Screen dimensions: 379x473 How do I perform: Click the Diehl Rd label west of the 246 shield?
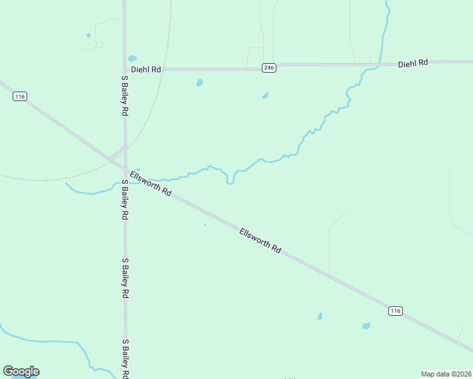pyautogui.click(x=146, y=69)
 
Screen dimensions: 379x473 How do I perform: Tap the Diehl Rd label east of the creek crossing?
pyautogui.click(x=414, y=63)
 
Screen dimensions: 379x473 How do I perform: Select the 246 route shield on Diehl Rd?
pyautogui.click(x=269, y=68)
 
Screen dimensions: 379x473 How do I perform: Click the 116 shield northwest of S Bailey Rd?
pyautogui.click(x=20, y=97)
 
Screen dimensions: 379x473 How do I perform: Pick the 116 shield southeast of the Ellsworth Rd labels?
pyautogui.click(x=395, y=311)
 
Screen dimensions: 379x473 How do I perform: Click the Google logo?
pyautogui.click(x=21, y=371)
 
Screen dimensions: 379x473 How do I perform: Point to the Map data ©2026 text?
pyautogui.click(x=446, y=374)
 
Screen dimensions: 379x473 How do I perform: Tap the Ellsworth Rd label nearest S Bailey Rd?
pyautogui.click(x=150, y=183)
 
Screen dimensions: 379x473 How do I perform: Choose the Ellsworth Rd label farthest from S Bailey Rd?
pyautogui.click(x=260, y=241)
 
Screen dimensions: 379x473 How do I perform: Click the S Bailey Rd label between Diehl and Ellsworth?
pyautogui.click(x=125, y=95)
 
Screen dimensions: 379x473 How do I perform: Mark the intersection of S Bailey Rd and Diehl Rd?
pyautogui.click(x=125, y=69)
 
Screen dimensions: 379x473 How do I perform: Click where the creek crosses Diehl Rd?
pyautogui.click(x=379, y=64)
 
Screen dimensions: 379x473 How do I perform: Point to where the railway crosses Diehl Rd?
pyautogui.click(x=166, y=69)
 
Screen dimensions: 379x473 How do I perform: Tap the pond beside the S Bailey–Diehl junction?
pyautogui.click(x=132, y=59)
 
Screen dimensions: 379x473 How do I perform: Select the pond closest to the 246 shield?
pyautogui.click(x=265, y=96)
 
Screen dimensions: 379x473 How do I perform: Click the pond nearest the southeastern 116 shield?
pyautogui.click(x=366, y=326)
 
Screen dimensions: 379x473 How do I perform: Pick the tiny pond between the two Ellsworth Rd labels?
pyautogui.click(x=205, y=224)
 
